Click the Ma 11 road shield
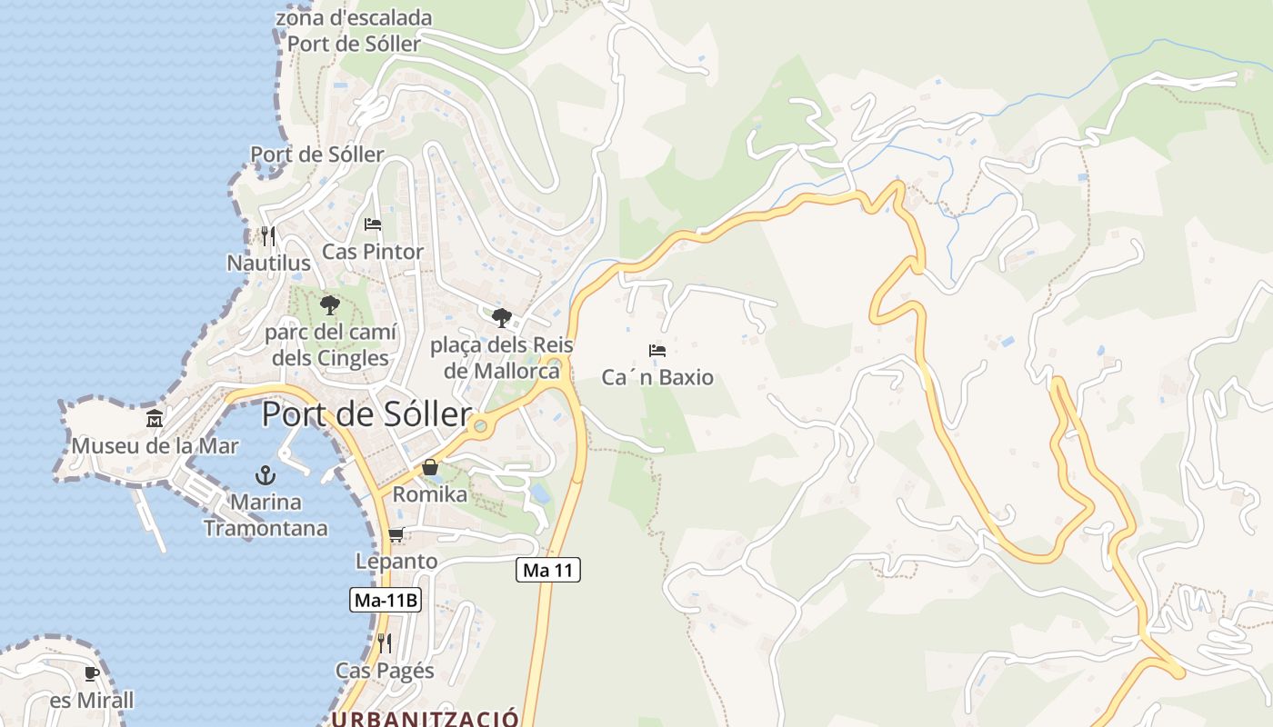pos(548,570)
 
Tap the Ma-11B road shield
pos(386,600)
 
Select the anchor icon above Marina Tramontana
pos(265,474)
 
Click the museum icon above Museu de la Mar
pos(155,419)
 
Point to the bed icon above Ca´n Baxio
pos(657,351)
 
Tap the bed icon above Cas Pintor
pos(373,224)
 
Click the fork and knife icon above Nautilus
pos(267,236)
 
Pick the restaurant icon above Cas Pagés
pos(385,643)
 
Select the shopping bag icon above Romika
pos(429,467)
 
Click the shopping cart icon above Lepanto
pos(396,534)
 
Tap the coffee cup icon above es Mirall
pos(91,673)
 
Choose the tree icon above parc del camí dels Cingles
pos(330,304)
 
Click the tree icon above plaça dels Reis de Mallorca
pos(501,317)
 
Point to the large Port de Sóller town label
pos(366,415)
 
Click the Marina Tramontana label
pos(266,514)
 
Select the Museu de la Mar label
pos(155,446)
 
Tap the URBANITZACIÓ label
pos(425,718)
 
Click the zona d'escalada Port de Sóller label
pos(354,30)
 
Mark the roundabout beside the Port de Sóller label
pos(480,425)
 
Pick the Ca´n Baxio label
pos(657,377)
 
